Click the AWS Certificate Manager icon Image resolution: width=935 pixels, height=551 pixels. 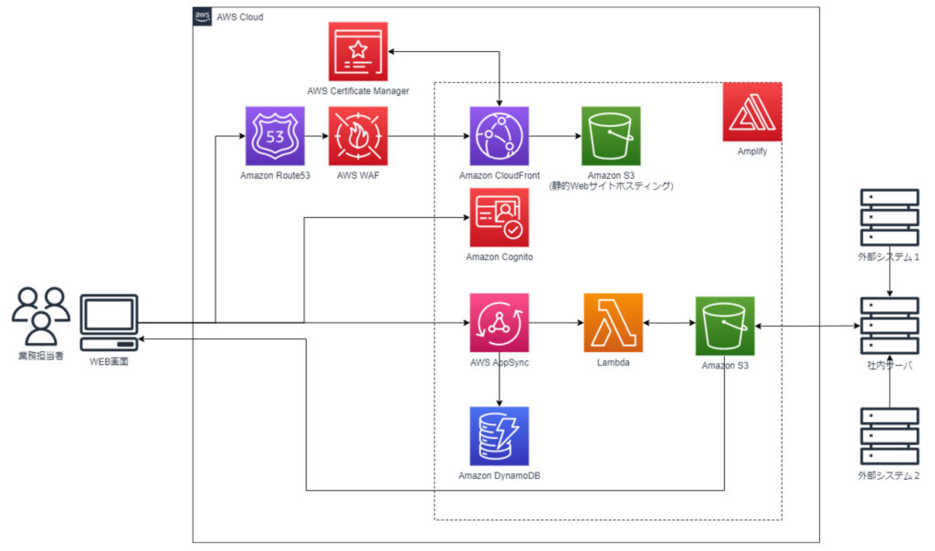click(358, 51)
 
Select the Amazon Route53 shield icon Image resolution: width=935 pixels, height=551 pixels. click(275, 136)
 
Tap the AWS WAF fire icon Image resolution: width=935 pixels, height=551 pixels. click(358, 136)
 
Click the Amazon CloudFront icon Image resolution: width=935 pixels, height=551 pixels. click(499, 136)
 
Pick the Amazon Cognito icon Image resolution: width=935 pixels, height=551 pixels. click(499, 217)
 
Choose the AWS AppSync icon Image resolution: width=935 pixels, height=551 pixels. click(499, 322)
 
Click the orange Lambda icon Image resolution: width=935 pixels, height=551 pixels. click(613, 322)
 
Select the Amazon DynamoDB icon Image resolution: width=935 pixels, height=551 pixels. click(499, 436)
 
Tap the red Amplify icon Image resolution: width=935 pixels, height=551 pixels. click(752, 112)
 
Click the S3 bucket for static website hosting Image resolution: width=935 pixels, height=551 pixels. click(611, 136)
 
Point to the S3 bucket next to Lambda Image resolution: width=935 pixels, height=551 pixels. click(724, 326)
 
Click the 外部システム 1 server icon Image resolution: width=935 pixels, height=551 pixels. click(889, 217)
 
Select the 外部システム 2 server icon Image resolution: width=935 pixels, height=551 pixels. click(889, 436)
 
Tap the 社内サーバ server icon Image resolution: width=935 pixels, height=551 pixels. click(889, 326)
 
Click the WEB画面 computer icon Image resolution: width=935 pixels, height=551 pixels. click(110, 323)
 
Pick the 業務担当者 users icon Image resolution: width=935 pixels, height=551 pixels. click(40, 317)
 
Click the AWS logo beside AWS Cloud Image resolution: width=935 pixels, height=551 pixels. click(202, 16)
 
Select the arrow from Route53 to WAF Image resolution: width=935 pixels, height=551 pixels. click(317, 136)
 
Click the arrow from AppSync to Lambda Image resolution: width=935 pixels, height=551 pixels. click(556, 323)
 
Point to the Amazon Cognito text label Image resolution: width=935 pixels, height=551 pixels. click(499, 256)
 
